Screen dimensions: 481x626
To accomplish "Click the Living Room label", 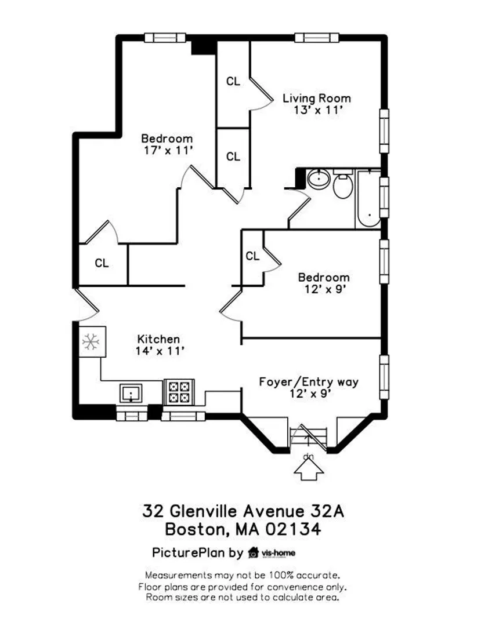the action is [316, 98].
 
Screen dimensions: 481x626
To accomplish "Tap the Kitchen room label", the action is [158, 339].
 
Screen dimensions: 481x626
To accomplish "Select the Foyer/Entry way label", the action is [309, 381].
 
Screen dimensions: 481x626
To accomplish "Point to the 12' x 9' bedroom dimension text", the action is [325, 289].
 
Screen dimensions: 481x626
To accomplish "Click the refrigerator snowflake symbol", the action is [91, 342].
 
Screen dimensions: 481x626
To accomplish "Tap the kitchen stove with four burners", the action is [179, 392].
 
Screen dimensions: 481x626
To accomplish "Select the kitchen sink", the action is [131, 394].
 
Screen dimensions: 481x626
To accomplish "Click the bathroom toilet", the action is [343, 184].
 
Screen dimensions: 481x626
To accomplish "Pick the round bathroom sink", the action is [319, 178].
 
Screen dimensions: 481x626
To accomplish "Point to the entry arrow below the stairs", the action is [309, 469].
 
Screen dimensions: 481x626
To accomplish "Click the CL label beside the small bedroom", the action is [252, 256].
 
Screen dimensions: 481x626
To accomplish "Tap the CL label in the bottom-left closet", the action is [102, 263].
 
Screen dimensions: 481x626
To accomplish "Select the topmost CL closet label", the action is [233, 82].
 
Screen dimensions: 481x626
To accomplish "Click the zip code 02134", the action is [293, 529].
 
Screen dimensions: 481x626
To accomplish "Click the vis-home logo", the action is [272, 553].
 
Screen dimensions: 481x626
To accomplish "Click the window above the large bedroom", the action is [165, 38].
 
